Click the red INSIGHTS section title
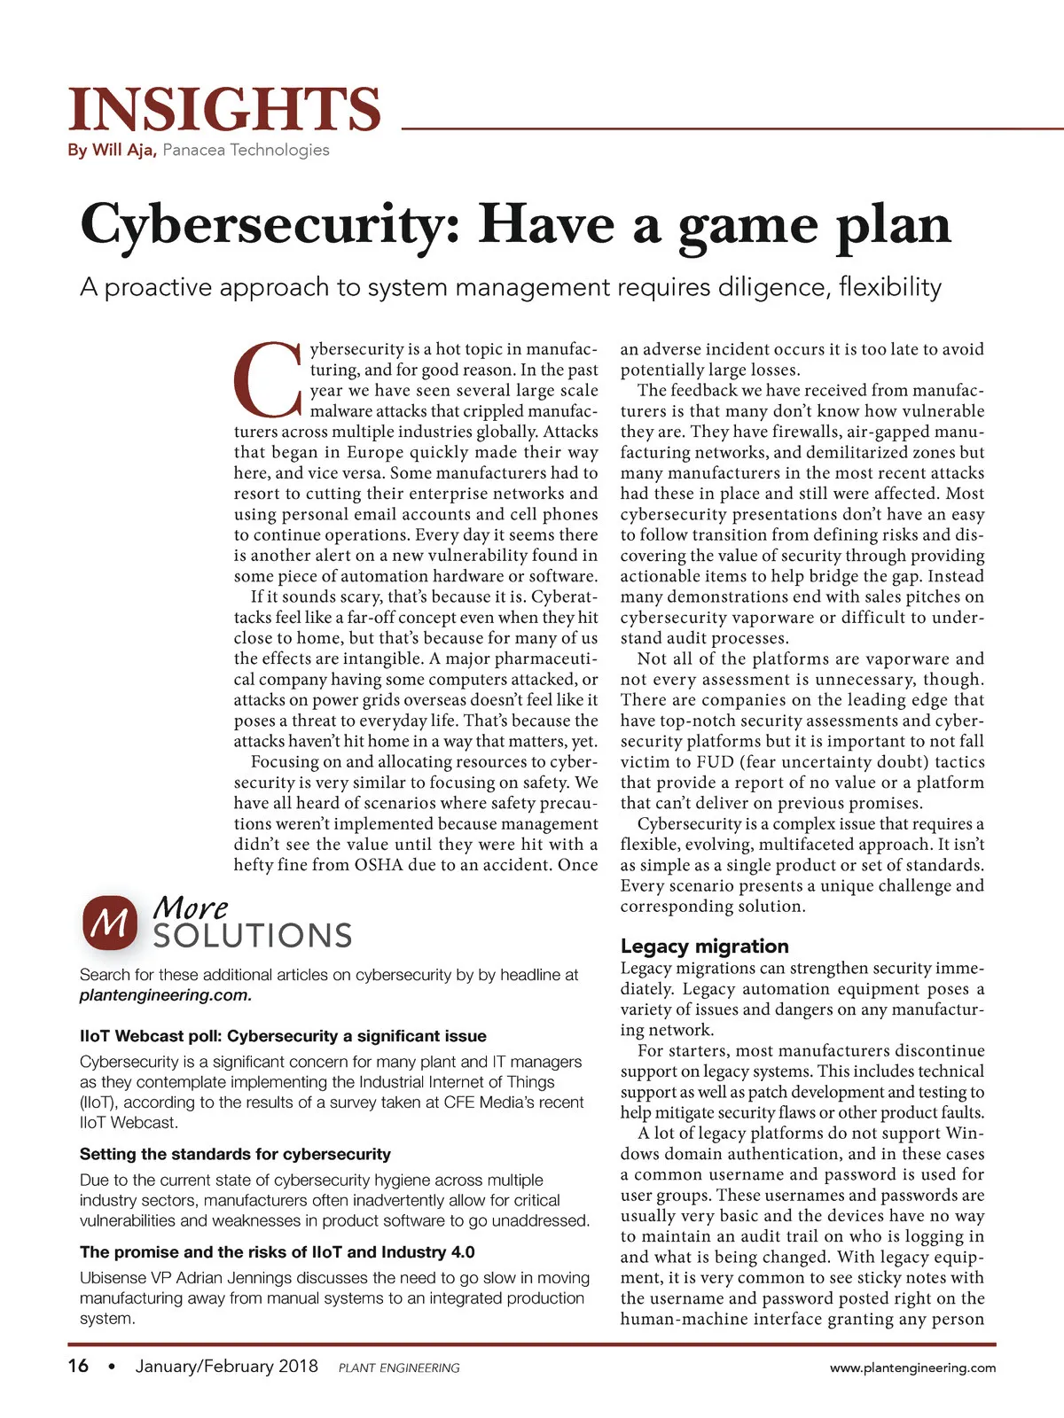(x=224, y=110)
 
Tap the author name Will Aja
(x=124, y=150)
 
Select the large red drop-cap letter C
(x=268, y=379)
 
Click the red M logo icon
(x=110, y=923)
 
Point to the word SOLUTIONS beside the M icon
(x=253, y=936)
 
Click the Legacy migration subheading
(x=704, y=946)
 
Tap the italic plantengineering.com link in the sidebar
(x=166, y=995)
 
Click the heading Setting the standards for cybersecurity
(x=235, y=1154)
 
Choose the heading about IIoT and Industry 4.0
(x=277, y=1251)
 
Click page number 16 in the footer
(x=78, y=1366)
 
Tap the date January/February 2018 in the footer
(x=226, y=1366)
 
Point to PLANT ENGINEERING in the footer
(x=399, y=1367)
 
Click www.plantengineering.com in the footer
(x=912, y=1367)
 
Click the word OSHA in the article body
(x=379, y=865)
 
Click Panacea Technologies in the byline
(x=246, y=150)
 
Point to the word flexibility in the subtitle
(x=890, y=287)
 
